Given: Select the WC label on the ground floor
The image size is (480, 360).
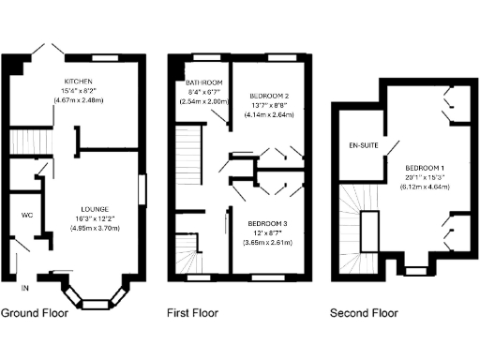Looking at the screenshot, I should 27,215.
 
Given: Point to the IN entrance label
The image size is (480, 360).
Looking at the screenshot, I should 24,287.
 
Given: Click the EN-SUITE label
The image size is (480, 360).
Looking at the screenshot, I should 363,147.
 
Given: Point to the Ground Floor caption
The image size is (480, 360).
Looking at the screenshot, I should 35,313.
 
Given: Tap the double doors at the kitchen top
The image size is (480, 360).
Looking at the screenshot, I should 46,50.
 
